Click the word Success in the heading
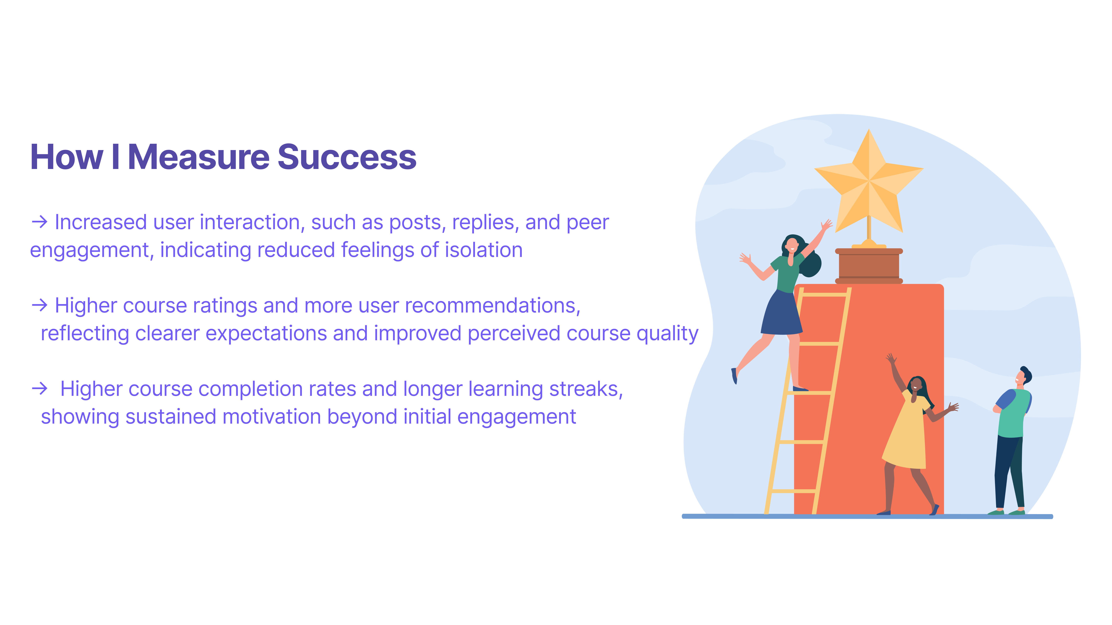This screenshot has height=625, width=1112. pos(347,157)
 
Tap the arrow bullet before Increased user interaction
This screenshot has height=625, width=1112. pos(39,222)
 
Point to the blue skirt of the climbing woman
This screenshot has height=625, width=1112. pos(781,313)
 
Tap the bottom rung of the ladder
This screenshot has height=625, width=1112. pos(792,491)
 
